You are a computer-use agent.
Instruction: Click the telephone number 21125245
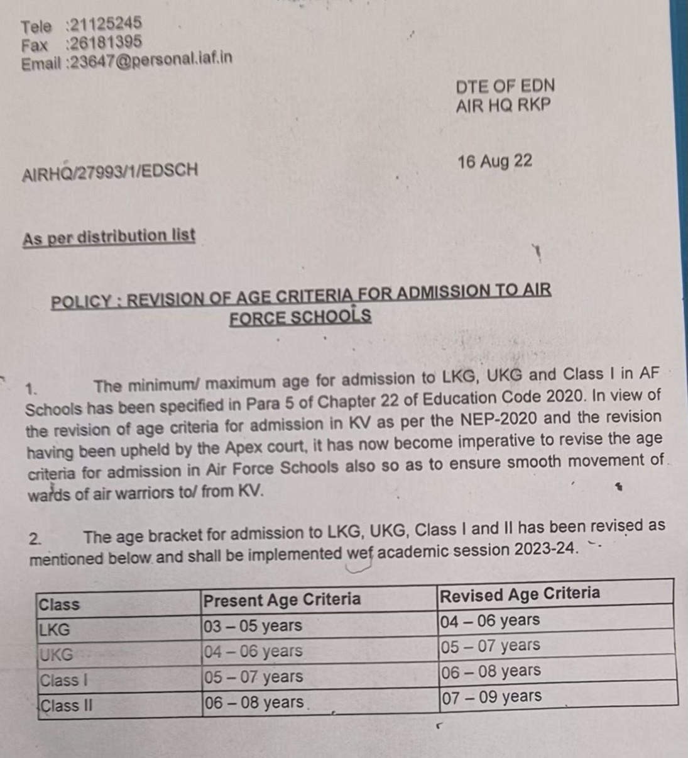[x=106, y=25]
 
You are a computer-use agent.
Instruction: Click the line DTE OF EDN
[x=505, y=86]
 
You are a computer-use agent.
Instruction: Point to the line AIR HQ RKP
[x=503, y=105]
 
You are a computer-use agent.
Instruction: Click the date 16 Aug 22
[x=494, y=162]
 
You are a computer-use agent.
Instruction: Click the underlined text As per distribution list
[x=109, y=237]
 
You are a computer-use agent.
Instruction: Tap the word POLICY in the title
[x=81, y=301]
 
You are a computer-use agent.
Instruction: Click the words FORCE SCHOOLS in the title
[x=300, y=316]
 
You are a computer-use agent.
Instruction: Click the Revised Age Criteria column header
[x=520, y=594]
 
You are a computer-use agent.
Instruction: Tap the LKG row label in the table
[x=55, y=629]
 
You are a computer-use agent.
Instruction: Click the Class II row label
[x=67, y=705]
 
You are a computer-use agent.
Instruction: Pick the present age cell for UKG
[x=253, y=651]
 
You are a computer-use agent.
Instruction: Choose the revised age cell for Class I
[x=491, y=671]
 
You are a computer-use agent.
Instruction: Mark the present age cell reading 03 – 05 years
[x=253, y=626]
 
